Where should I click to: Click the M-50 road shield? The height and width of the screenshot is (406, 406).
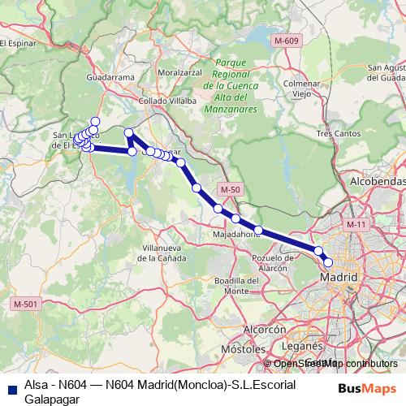pos(229,189)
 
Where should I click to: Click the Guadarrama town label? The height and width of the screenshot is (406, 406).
pos(108,77)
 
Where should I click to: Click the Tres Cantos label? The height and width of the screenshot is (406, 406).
pos(335,132)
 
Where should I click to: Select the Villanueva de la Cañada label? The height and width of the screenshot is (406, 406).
pos(163,252)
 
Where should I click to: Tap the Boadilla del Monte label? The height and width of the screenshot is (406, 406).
pos(236,285)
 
